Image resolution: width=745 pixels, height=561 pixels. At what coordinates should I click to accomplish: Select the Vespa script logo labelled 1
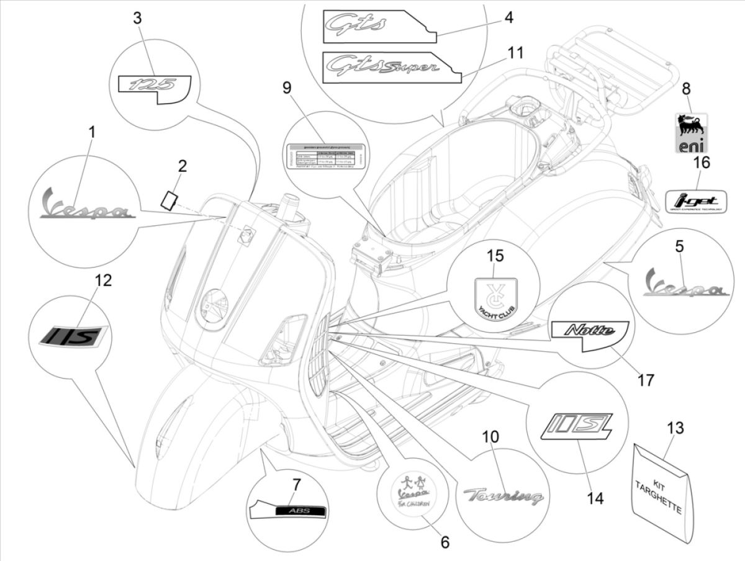coord(86,207)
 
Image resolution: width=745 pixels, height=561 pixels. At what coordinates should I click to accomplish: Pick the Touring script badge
coord(503,495)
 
